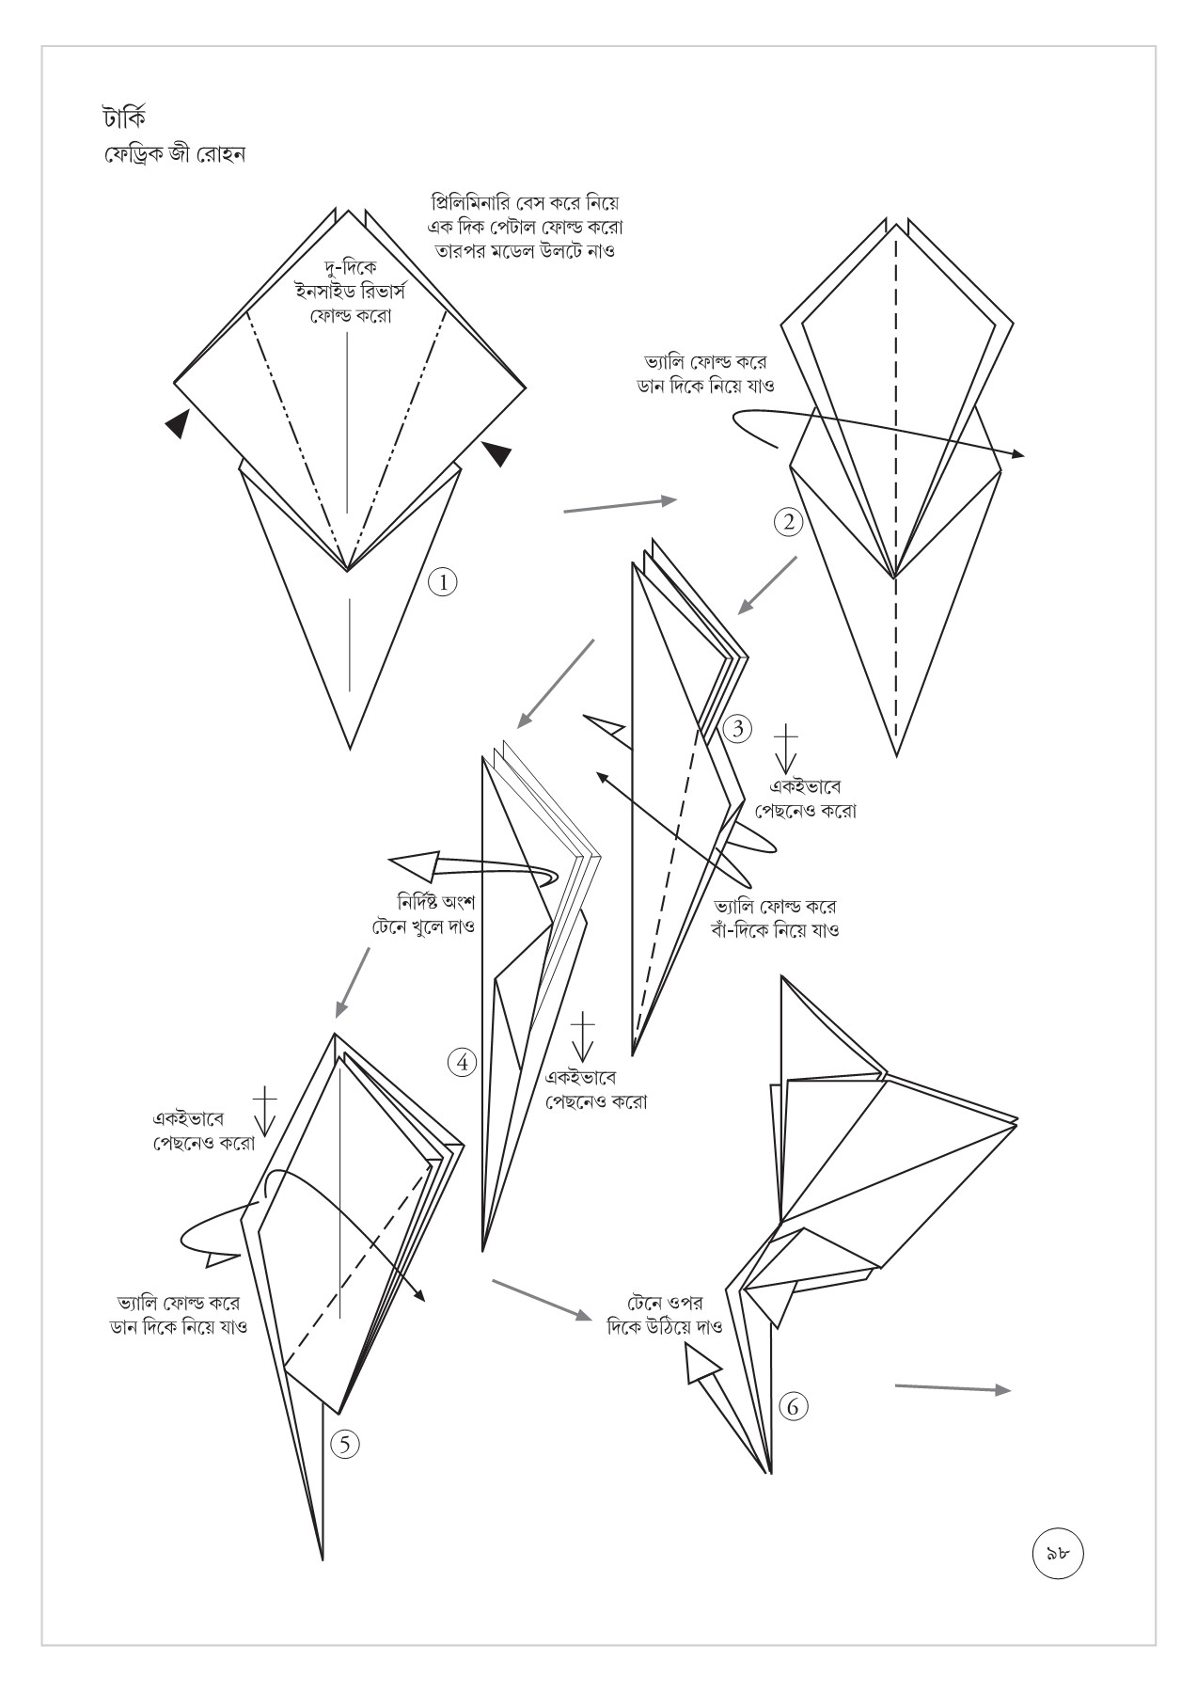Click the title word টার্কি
coord(124,119)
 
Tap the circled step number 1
coord(442,581)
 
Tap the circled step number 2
coord(788,520)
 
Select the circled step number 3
coord(737,728)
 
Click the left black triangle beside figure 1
coord(176,423)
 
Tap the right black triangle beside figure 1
coord(497,453)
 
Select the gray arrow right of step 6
coord(952,1388)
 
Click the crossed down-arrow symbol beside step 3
coord(785,749)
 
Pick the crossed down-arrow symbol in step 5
coord(265,1110)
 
